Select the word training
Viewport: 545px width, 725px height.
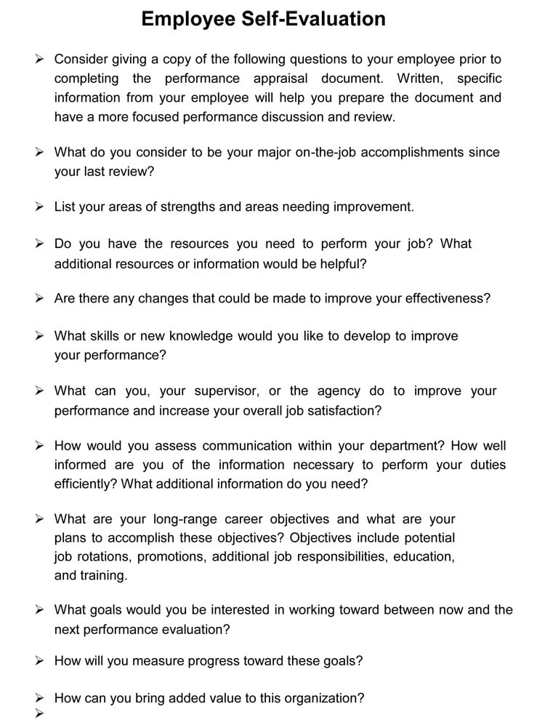point(102,576)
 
